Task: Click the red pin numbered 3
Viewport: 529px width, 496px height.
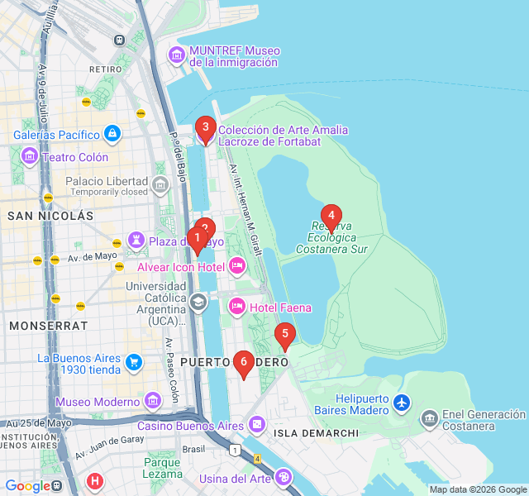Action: coord(205,128)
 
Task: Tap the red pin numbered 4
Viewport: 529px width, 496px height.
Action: coord(331,217)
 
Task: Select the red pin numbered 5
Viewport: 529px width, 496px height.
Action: coord(285,335)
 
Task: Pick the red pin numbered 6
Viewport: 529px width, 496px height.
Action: coord(243,361)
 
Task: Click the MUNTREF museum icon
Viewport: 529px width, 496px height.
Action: coord(177,55)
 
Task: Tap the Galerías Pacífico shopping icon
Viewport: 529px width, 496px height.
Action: coord(112,133)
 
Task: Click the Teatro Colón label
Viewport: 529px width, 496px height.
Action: coord(75,157)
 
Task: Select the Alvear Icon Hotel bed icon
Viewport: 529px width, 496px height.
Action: coord(237,266)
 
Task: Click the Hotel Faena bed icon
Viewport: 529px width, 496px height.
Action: coord(237,308)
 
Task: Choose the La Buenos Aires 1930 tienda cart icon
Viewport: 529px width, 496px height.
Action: coord(133,362)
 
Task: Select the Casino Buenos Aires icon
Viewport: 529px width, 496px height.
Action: coord(257,425)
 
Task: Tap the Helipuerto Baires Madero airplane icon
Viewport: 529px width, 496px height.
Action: coord(402,403)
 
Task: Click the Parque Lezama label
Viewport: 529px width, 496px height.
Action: coord(162,468)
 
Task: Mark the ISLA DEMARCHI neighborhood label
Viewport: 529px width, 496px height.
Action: coord(316,432)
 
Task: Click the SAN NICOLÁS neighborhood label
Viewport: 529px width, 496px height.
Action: coord(50,216)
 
